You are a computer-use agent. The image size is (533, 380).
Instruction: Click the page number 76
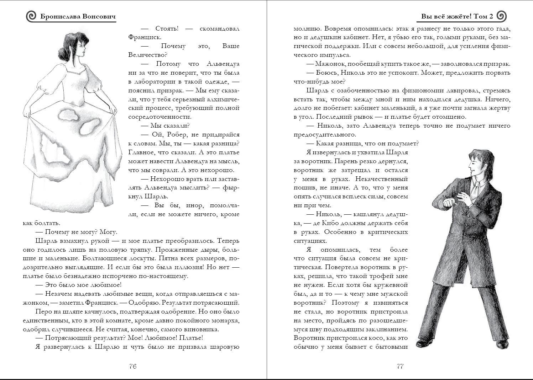tap(133, 366)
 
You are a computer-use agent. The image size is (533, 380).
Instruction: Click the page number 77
tap(400, 366)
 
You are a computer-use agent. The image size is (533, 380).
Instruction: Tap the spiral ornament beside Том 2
tap(501, 16)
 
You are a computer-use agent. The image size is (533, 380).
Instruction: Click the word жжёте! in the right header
tap(457, 17)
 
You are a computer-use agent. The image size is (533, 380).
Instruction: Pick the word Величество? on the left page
tap(147, 55)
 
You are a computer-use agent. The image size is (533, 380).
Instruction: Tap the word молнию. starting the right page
tap(306, 28)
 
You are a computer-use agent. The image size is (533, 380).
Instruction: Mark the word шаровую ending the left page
tap(225, 347)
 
